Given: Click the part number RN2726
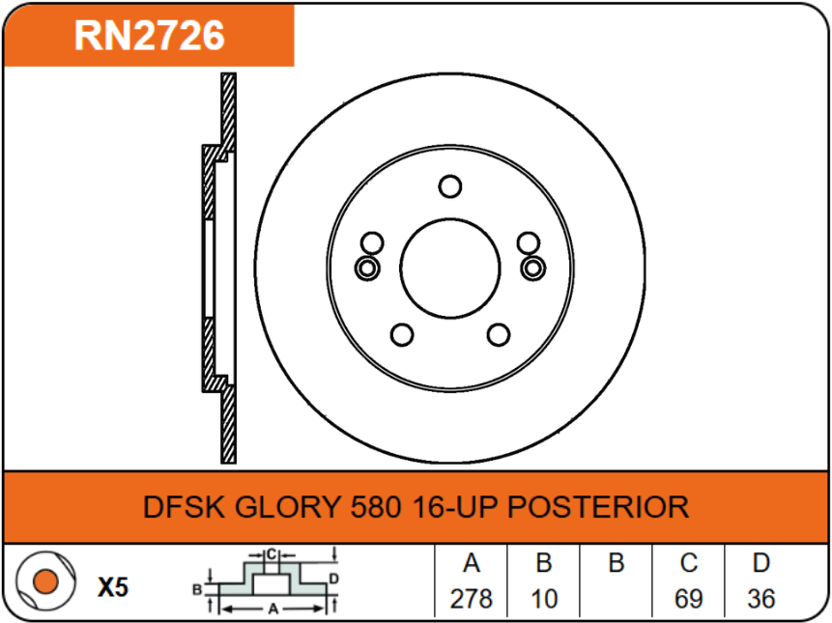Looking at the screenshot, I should tap(150, 36).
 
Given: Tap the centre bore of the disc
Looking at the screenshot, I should tap(449, 267).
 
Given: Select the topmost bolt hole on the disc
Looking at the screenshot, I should tap(449, 185).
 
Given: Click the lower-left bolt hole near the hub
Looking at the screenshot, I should tap(401, 334).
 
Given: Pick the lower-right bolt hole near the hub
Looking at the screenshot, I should tap(498, 334).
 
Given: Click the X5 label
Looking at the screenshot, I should tap(113, 586).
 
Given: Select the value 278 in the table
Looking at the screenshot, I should tap(472, 599).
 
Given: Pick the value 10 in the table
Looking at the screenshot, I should tap(544, 599).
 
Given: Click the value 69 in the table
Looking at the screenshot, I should tap(688, 599).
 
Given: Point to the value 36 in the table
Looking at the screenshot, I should tap(760, 599).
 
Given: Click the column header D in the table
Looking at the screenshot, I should tap(760, 564).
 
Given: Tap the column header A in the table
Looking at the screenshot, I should tap(472, 564).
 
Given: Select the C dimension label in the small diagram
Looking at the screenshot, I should tap(272, 554).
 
